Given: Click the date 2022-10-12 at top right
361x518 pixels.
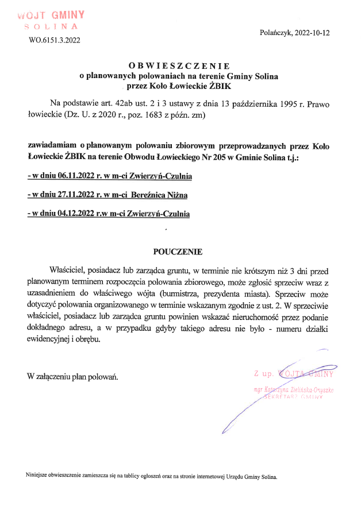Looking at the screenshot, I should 312,33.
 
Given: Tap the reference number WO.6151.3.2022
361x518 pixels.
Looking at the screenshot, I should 55,40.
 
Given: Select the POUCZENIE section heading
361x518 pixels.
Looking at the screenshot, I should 178,252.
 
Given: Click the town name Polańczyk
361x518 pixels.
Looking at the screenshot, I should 276,33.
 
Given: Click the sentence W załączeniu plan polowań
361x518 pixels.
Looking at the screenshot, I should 72,376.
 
